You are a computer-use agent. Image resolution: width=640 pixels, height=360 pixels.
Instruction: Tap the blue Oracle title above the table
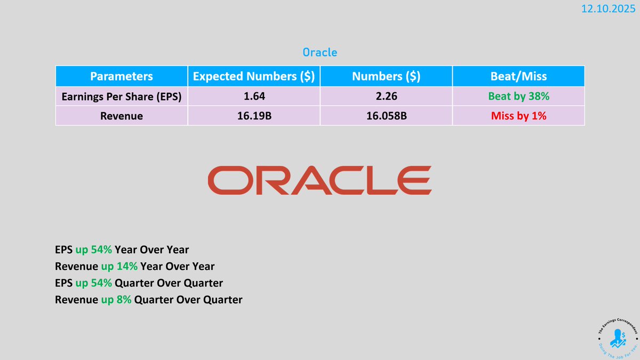(x=319, y=52)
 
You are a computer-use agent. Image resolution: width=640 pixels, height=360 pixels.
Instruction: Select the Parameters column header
(x=121, y=76)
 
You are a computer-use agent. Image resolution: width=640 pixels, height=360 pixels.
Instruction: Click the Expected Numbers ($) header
(x=253, y=76)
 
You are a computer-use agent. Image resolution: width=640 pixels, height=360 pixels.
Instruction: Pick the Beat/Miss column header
(x=518, y=76)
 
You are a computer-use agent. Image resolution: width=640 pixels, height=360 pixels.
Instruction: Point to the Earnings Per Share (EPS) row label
(x=121, y=97)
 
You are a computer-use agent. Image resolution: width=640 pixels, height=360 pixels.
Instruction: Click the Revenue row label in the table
(x=121, y=115)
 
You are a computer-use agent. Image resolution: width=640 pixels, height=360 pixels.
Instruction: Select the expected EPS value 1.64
(x=253, y=97)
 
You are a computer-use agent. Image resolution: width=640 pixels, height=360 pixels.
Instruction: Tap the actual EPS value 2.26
(x=386, y=97)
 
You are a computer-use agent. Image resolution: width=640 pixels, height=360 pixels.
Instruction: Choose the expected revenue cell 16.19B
(x=253, y=115)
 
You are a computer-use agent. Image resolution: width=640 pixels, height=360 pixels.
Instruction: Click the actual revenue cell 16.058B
(x=386, y=115)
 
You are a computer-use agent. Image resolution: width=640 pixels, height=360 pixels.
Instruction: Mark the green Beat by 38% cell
(x=518, y=97)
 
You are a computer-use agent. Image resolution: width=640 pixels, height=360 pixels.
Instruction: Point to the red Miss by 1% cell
(x=518, y=115)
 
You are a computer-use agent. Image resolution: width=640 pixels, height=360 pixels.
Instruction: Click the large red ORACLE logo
(x=319, y=180)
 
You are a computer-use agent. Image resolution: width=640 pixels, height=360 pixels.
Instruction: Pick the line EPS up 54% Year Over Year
(x=122, y=249)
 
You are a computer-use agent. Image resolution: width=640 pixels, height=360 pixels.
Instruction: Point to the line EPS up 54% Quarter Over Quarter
(x=139, y=283)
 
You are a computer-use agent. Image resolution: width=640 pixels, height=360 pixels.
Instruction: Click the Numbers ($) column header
(x=386, y=76)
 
